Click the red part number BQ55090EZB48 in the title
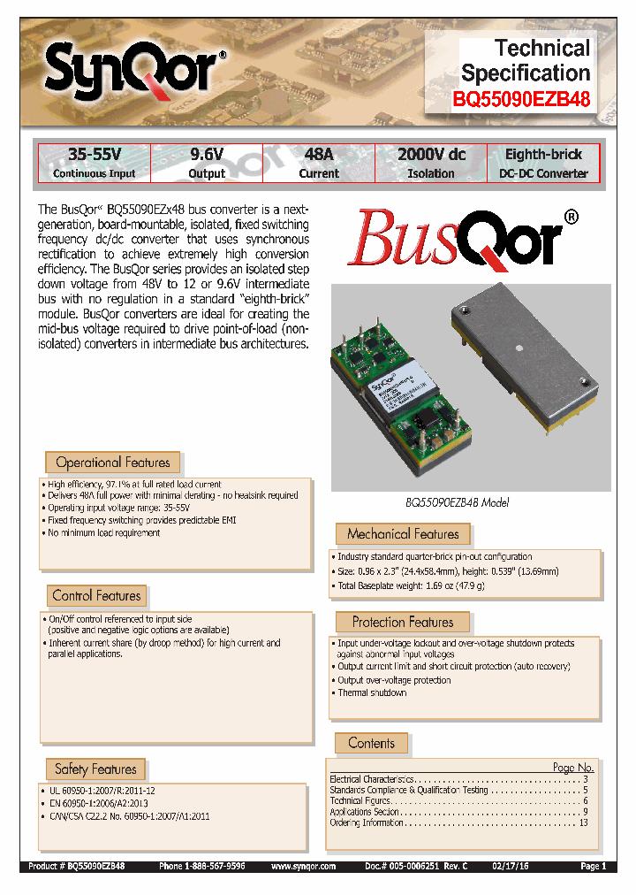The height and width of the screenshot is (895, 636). [x=521, y=100]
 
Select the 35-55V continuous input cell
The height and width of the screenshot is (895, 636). [x=94, y=164]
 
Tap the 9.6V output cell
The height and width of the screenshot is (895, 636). [x=208, y=164]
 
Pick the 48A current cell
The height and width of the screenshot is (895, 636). [x=319, y=164]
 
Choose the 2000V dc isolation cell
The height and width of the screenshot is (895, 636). [x=431, y=164]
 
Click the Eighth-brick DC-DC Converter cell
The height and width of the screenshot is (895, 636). [x=543, y=164]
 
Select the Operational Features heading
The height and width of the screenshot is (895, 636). [x=113, y=463]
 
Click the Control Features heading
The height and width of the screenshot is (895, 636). [x=96, y=596]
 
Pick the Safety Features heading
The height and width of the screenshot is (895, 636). [x=95, y=769]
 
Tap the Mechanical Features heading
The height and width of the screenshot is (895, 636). [x=403, y=534]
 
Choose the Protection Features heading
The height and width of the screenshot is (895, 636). [x=403, y=623]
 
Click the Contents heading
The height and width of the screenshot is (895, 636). [x=371, y=744]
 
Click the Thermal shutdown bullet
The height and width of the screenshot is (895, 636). [x=372, y=692]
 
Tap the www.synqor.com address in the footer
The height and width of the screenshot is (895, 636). [x=303, y=868]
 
